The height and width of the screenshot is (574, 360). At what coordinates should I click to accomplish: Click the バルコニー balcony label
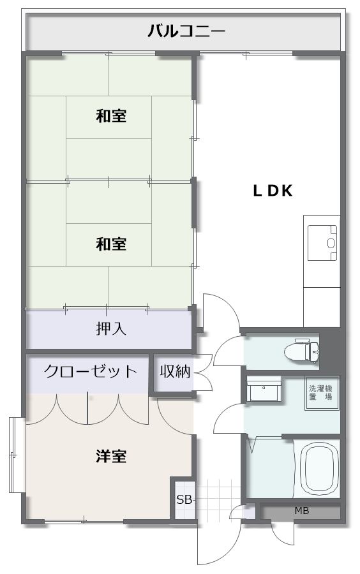pos(186,31)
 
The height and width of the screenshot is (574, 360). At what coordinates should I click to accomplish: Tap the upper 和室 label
pos(111,116)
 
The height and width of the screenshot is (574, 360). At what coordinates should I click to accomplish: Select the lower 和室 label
pos(111,244)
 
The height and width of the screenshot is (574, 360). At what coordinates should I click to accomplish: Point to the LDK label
pos(273,191)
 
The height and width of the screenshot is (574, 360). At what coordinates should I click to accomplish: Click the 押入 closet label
pos(111,328)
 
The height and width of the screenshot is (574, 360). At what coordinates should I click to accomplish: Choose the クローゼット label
pos(90,372)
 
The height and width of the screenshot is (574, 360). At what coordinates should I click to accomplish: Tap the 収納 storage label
pos(175,372)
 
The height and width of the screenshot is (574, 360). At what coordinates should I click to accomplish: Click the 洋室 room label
pos(111,457)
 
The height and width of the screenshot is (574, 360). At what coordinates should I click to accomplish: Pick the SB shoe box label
pos(184,499)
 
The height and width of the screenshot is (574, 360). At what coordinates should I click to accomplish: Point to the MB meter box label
pos(302,511)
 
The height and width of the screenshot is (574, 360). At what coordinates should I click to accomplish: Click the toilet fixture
pos(301,351)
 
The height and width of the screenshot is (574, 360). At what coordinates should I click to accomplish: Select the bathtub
pos(318,468)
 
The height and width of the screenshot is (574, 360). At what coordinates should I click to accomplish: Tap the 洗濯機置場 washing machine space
pos(321,393)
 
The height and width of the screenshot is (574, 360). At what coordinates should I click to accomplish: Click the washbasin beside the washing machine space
pos(264,389)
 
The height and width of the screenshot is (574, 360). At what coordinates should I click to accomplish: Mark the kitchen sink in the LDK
pos(322,243)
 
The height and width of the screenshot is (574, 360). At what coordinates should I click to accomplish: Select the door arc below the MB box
pos(282,534)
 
